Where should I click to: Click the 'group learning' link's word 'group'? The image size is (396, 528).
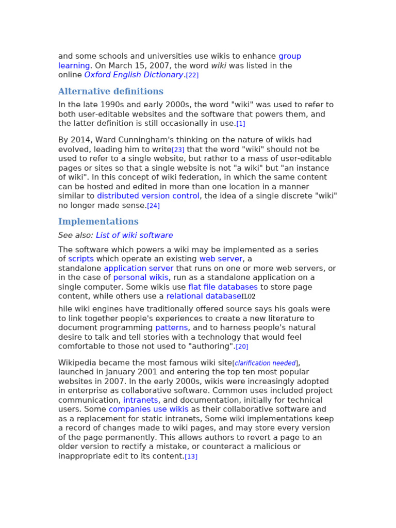[290, 56]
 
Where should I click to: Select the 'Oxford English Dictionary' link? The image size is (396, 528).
[134, 75]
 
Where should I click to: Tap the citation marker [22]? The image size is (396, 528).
[192, 75]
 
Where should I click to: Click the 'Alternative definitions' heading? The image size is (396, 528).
[111, 92]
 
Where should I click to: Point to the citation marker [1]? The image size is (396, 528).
[241, 124]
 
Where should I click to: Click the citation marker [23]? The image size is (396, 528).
[178, 150]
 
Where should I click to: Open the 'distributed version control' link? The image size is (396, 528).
[148, 196]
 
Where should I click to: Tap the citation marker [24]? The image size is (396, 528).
[153, 206]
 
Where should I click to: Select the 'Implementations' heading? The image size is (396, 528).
[98, 222]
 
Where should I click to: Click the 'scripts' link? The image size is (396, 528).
[81, 259]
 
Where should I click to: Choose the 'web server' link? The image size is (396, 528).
[221, 259]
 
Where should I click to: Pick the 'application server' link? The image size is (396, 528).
[139, 268]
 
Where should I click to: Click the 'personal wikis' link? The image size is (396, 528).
[141, 277]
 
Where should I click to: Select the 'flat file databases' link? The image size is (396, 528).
[223, 287]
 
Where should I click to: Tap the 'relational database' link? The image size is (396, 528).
[204, 296]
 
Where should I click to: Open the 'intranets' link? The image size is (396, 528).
[141, 400]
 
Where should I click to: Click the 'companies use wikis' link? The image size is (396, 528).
[148, 409]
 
